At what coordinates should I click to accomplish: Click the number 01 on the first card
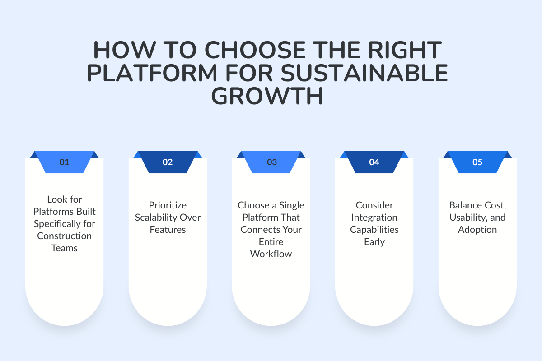point(64,162)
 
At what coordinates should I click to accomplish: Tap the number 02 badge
point(168,162)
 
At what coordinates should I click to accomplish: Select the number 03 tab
point(271,162)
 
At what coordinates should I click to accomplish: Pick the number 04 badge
point(374,162)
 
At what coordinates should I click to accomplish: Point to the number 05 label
point(477,162)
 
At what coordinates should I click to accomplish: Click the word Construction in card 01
point(64,236)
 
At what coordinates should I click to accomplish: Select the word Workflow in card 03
point(271,254)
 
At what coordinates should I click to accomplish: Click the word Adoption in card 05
point(477,230)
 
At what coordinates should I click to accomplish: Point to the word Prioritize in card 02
point(168,205)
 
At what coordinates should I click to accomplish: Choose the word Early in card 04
point(374,242)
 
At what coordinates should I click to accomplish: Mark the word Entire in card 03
point(271,242)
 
